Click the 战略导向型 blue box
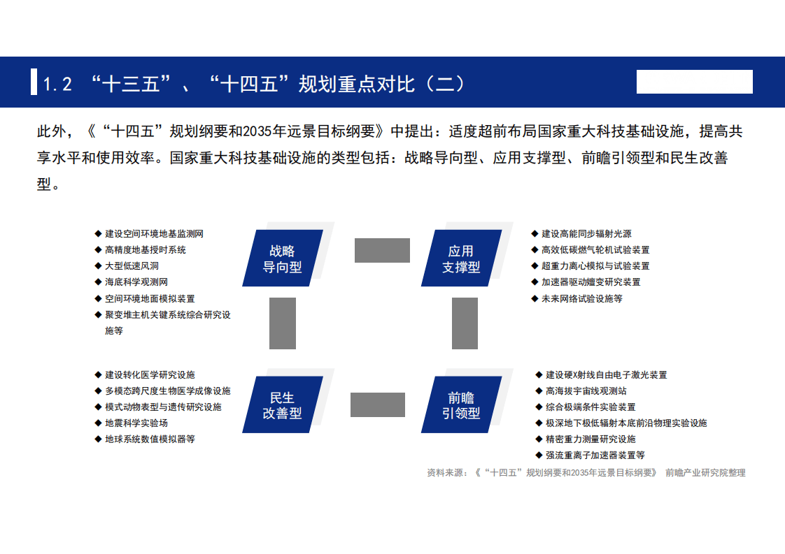click(283, 258)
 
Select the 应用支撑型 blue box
click(462, 258)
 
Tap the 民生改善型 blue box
click(283, 405)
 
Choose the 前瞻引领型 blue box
click(462, 405)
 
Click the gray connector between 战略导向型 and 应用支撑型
click(382, 250)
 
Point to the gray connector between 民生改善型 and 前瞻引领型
click(378, 404)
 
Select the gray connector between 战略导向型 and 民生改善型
click(283, 323)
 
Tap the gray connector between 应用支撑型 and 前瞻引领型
click(465, 323)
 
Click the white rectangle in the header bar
click(694, 82)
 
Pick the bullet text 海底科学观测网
click(136, 282)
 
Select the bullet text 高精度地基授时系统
click(146, 249)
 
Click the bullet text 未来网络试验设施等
click(582, 298)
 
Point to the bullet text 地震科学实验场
click(136, 423)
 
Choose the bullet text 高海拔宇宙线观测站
click(586, 391)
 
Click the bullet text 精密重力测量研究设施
click(590, 439)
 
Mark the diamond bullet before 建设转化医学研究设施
click(98, 374)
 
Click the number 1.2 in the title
click(57, 85)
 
